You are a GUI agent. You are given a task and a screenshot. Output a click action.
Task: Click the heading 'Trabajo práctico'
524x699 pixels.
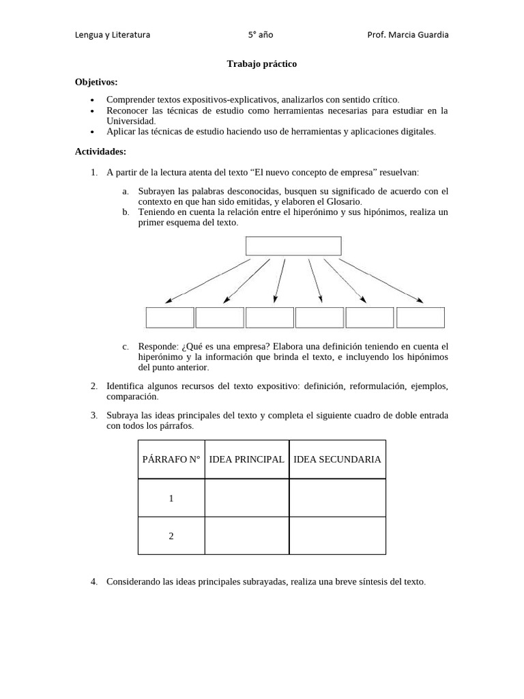click(x=261, y=63)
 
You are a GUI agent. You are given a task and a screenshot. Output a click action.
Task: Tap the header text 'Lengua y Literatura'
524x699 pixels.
click(x=113, y=35)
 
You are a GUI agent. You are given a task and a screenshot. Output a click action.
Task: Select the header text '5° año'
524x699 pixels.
click(x=261, y=35)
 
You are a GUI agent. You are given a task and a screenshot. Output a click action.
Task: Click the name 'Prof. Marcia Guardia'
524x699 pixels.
click(x=408, y=35)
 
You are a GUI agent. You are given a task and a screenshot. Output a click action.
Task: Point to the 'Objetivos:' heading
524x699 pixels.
click(x=96, y=82)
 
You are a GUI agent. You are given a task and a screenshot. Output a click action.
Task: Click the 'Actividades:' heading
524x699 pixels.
click(x=100, y=152)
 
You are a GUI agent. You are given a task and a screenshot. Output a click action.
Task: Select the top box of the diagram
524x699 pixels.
click(x=293, y=246)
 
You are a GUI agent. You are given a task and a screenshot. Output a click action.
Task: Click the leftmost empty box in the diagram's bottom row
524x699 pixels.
click(x=170, y=317)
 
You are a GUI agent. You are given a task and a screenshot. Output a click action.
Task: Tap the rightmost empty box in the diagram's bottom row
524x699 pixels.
click(x=420, y=317)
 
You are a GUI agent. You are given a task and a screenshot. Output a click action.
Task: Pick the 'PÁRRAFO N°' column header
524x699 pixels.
click(x=171, y=459)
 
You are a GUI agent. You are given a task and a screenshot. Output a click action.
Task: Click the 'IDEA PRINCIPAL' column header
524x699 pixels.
click(x=246, y=459)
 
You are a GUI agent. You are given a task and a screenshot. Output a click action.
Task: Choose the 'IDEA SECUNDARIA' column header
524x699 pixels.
click(x=337, y=459)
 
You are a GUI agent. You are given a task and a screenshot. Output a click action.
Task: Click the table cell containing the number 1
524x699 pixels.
click(x=171, y=498)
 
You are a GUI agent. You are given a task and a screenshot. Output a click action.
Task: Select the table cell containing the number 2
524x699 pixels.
click(x=171, y=536)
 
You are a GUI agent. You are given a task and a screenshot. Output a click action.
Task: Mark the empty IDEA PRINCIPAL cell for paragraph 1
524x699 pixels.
click(x=246, y=498)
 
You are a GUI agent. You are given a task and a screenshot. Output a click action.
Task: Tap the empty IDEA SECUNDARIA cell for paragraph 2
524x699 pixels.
click(x=337, y=536)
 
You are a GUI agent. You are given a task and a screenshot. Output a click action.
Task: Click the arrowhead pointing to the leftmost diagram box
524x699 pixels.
click(x=169, y=300)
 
